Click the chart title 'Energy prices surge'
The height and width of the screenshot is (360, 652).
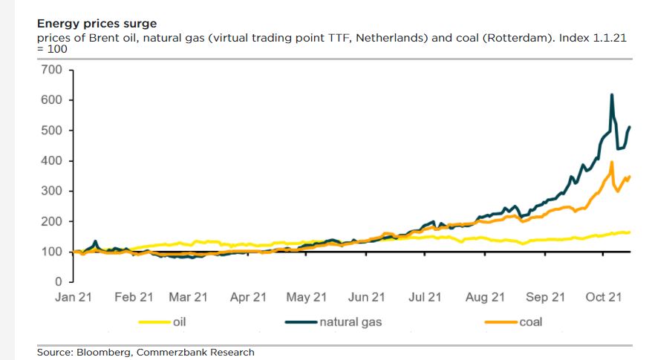[97, 24]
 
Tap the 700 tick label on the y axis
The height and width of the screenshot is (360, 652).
[52, 70]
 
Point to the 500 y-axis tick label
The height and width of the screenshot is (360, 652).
[52, 131]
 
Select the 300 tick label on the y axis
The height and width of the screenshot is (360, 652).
[52, 192]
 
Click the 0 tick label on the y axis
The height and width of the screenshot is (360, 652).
[58, 282]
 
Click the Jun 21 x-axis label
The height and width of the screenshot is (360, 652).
[366, 298]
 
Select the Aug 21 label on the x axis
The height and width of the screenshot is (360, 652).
[486, 298]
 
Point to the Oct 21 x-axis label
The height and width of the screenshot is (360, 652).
[604, 298]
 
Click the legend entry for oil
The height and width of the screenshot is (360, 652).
[178, 322]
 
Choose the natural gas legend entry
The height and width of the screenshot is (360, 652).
[350, 322]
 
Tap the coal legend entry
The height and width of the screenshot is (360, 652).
[530, 322]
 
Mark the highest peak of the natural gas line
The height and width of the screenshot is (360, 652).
[611, 94]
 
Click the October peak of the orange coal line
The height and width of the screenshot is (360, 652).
[611, 162]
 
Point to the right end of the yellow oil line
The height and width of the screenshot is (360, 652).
[630, 232]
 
